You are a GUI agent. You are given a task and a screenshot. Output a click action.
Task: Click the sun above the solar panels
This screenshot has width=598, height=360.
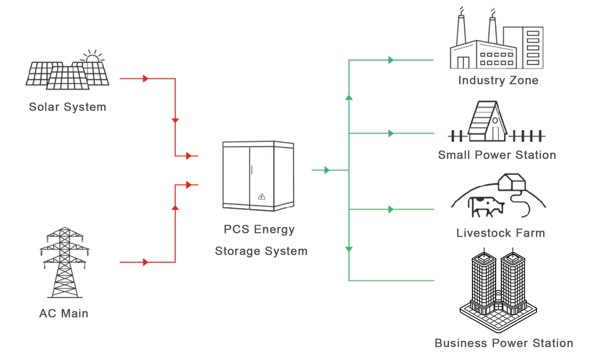[92, 56]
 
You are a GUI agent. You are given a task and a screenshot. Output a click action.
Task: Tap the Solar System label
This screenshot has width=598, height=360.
[68, 107]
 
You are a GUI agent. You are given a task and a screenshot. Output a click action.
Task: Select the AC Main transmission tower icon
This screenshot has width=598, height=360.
[65, 262]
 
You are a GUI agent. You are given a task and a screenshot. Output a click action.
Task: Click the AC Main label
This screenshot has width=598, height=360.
[64, 313]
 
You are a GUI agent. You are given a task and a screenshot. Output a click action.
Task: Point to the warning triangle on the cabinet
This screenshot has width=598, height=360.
[261, 197]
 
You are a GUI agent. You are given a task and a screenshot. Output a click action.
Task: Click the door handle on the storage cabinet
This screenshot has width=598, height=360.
[252, 170]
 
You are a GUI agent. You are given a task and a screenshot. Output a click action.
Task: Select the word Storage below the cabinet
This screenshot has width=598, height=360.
[238, 251]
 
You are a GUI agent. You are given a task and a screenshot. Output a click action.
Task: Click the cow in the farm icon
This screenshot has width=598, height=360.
[486, 207]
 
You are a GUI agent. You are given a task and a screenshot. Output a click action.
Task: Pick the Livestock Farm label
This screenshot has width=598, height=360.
[501, 233]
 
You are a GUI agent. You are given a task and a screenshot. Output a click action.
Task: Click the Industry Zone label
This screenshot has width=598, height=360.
[498, 80]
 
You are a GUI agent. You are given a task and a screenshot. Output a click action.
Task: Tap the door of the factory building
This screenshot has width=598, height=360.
[463, 62]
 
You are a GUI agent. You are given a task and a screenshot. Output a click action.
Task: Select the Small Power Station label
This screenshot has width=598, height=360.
[497, 155]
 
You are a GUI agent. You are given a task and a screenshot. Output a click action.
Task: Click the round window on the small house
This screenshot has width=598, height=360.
[495, 120]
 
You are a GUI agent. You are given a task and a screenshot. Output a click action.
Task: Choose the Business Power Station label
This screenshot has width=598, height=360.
[504, 343]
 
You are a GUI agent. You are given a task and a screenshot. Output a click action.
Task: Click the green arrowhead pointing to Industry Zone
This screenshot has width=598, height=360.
[391, 60]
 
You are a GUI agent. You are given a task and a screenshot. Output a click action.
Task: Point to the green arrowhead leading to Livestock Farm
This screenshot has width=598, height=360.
[391, 209]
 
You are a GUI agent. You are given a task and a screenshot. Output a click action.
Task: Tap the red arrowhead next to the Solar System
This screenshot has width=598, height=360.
[146, 79]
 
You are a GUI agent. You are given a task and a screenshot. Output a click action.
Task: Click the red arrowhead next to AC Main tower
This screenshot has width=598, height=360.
[146, 262]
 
